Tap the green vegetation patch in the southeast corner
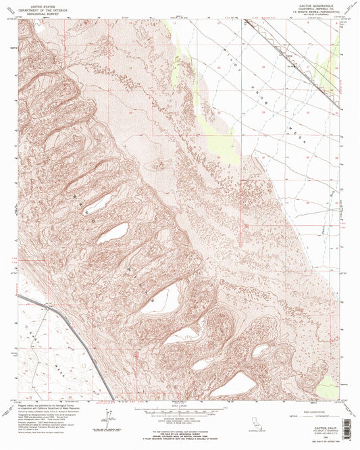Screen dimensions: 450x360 click(x=328, y=386)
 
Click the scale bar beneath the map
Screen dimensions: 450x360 click(x=180, y=410)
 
